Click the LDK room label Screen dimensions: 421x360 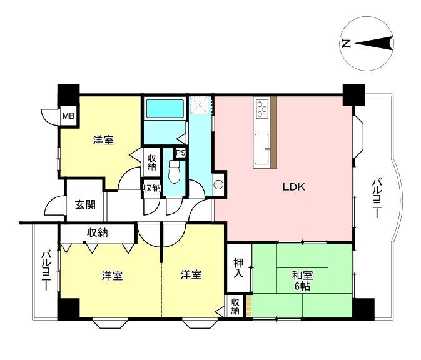click(x=294, y=187)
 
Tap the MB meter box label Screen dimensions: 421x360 click(x=68, y=116)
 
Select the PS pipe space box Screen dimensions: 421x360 click(x=180, y=153)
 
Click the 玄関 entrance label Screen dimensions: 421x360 click(x=85, y=205)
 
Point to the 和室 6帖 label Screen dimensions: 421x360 click(x=303, y=281)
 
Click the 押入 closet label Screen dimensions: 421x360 click(x=238, y=268)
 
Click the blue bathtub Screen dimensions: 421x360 click(x=165, y=108)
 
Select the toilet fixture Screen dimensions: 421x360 click(x=175, y=172)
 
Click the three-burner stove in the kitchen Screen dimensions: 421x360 click(x=262, y=108)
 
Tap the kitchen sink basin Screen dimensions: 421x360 click(x=261, y=149)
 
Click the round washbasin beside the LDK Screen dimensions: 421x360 click(x=218, y=184)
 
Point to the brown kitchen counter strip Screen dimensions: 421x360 click(x=273, y=132)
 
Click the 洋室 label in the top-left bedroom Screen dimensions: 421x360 click(x=104, y=140)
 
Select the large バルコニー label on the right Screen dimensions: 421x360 click(x=377, y=199)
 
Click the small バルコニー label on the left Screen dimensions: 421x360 click(x=46, y=271)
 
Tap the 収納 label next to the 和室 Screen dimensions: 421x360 click(x=235, y=307)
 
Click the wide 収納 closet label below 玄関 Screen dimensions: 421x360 click(x=98, y=232)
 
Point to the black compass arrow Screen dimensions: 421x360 click(x=374, y=43)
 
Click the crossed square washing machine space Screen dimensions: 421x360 click(x=199, y=105)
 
